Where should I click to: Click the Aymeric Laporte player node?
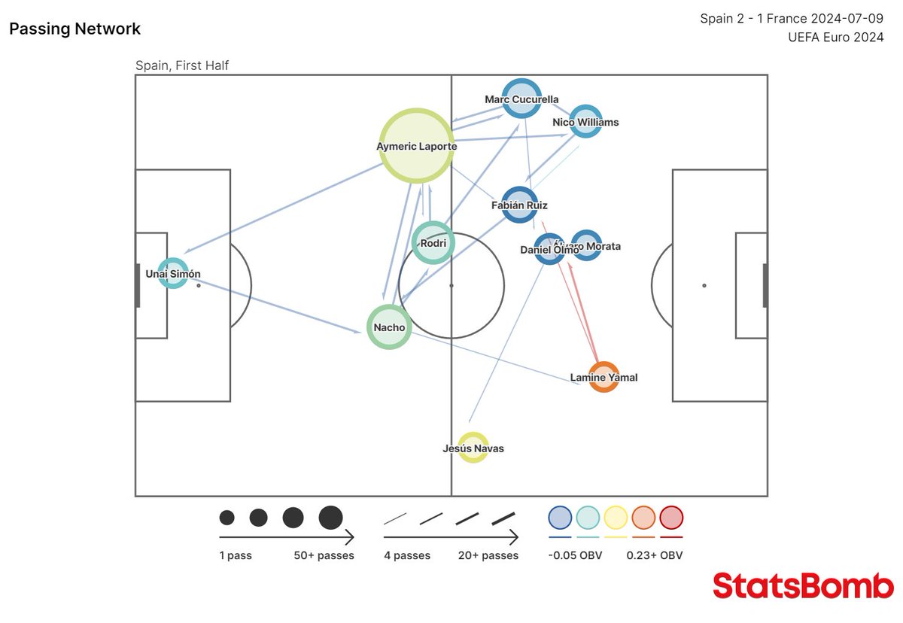click(x=417, y=146)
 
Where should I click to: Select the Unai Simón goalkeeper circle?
click(x=173, y=274)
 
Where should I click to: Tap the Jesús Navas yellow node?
click(x=473, y=448)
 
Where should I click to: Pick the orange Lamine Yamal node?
click(x=604, y=377)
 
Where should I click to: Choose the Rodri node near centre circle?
click(x=433, y=242)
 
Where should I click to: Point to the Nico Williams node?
click(x=585, y=121)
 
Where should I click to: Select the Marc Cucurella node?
click(x=521, y=99)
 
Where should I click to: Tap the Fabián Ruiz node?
click(x=519, y=205)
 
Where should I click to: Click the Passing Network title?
click(x=74, y=29)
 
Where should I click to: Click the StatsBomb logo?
click(x=803, y=585)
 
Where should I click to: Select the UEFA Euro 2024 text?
click(x=835, y=37)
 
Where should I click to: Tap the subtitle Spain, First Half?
click(x=182, y=65)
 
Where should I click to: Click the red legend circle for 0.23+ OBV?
click(x=671, y=518)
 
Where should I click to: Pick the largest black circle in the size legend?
click(x=330, y=518)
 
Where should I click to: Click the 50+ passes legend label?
click(x=324, y=555)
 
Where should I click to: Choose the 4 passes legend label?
click(x=407, y=555)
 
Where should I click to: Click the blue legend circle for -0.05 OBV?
click(x=561, y=518)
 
